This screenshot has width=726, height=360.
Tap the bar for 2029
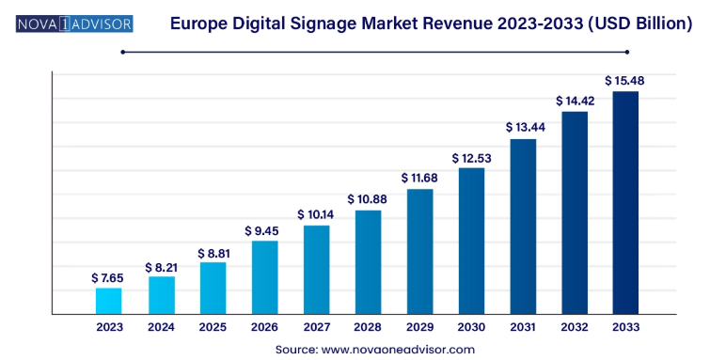[x=419, y=251]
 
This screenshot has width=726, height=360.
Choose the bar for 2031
[x=523, y=226]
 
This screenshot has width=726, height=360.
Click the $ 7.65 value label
[x=108, y=278]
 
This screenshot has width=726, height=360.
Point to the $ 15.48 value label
[x=624, y=81]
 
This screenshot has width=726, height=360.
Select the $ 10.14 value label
[x=316, y=215]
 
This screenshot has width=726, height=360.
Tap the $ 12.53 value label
[x=471, y=158]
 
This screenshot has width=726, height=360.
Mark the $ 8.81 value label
[x=213, y=253]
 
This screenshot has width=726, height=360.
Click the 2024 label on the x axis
[x=161, y=327]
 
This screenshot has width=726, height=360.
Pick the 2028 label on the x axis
[x=368, y=327]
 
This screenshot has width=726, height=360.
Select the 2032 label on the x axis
[x=575, y=327]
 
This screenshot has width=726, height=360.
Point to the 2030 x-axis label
[x=471, y=327]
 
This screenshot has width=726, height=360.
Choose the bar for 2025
[x=213, y=287]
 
